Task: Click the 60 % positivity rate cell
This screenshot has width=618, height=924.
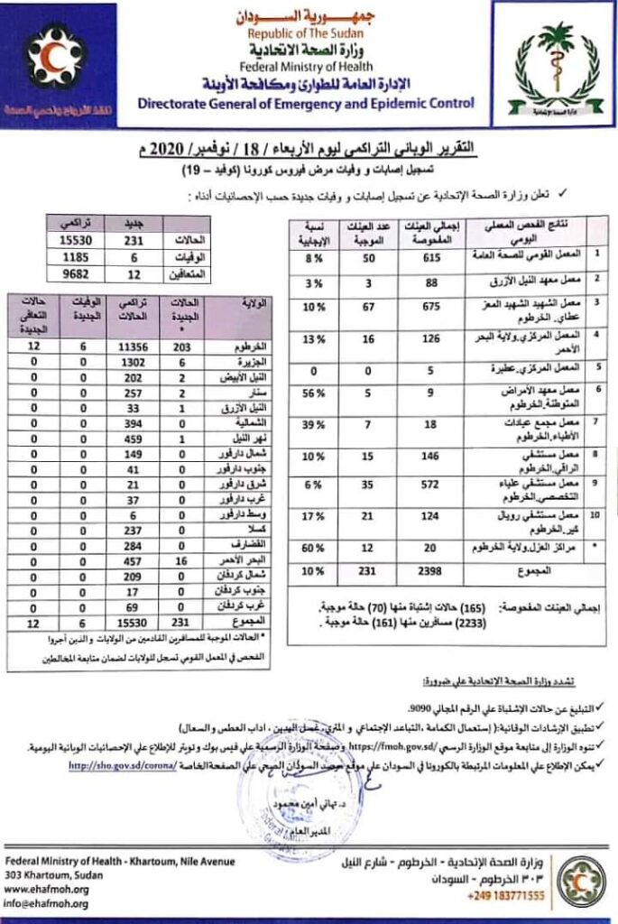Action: [312, 549]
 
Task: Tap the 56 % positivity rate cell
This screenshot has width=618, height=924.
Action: [312, 394]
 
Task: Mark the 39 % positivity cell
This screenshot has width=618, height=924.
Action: [312, 425]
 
